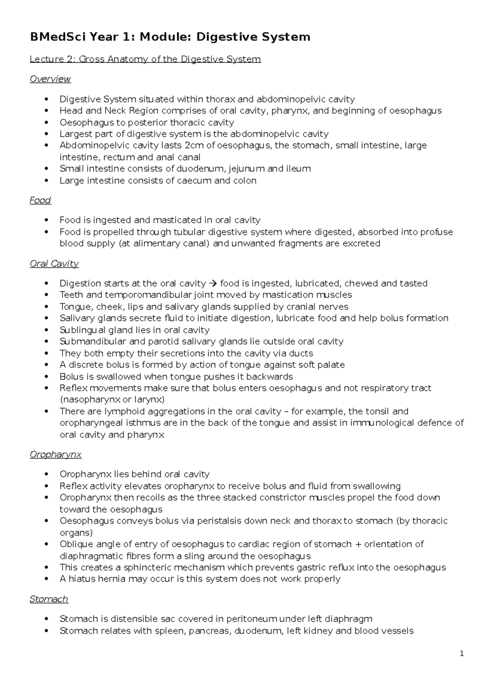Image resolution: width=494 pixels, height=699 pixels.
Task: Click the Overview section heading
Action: pyautogui.click(x=50, y=79)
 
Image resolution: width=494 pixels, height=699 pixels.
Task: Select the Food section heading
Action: pyautogui.click(x=40, y=200)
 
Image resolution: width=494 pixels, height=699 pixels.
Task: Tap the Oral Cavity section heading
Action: pyautogui.click(x=54, y=263)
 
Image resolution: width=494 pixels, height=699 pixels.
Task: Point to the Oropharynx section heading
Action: pyautogui.click(x=56, y=454)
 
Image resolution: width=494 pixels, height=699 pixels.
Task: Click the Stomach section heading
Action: pyautogui.click(x=49, y=599)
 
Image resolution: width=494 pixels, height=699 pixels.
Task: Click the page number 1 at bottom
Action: pyautogui.click(x=462, y=654)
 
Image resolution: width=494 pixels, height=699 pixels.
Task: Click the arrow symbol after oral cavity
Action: pyautogui.click(x=213, y=283)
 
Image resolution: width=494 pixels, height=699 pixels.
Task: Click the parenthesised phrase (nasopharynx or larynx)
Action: pyautogui.click(x=112, y=399)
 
